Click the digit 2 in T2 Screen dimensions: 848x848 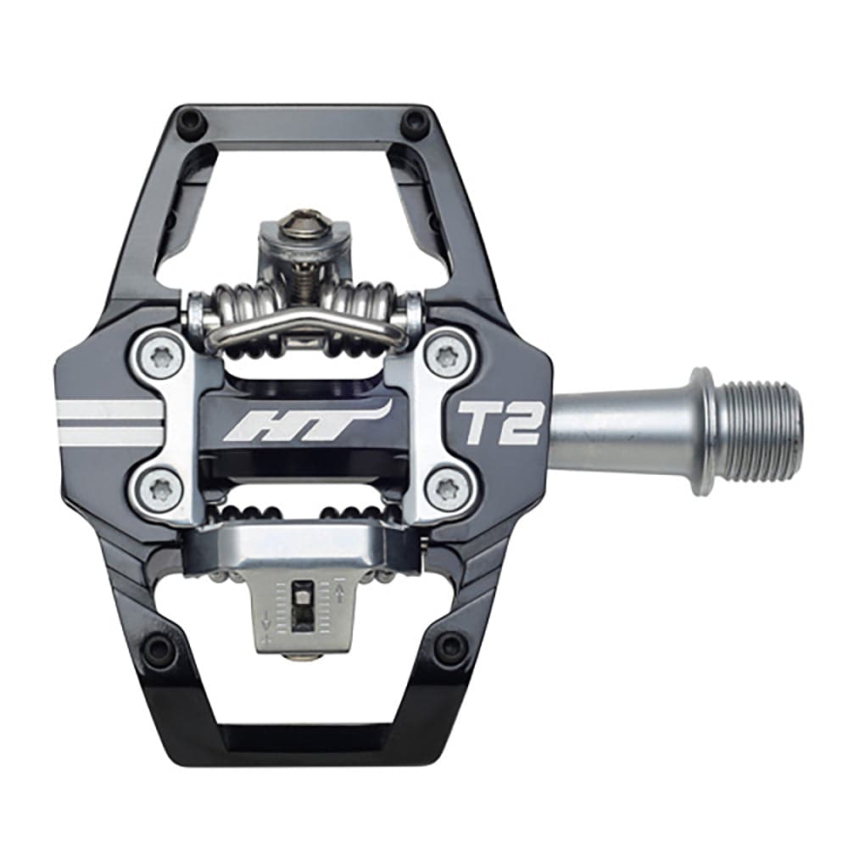pos(521,421)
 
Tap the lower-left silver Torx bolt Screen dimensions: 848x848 pos(161,489)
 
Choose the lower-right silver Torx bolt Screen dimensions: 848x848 pos(445,489)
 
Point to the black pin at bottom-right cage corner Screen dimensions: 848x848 pos(449,649)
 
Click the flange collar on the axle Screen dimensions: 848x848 pos(701,430)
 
